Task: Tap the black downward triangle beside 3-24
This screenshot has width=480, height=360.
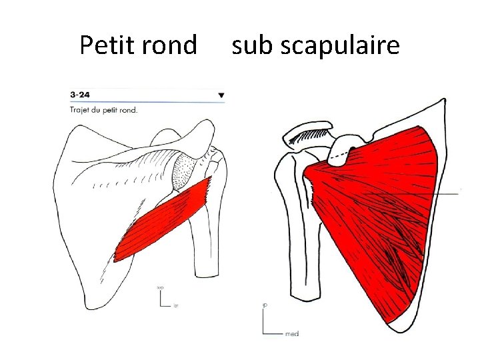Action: coord(221,95)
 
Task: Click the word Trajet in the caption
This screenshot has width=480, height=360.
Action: coord(81,109)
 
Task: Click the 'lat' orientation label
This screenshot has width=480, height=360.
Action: coord(176,306)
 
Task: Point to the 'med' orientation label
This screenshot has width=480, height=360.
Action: coord(292,333)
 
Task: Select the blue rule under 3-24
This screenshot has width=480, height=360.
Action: coord(147,101)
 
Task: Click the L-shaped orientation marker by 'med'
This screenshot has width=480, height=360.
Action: coord(267,327)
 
